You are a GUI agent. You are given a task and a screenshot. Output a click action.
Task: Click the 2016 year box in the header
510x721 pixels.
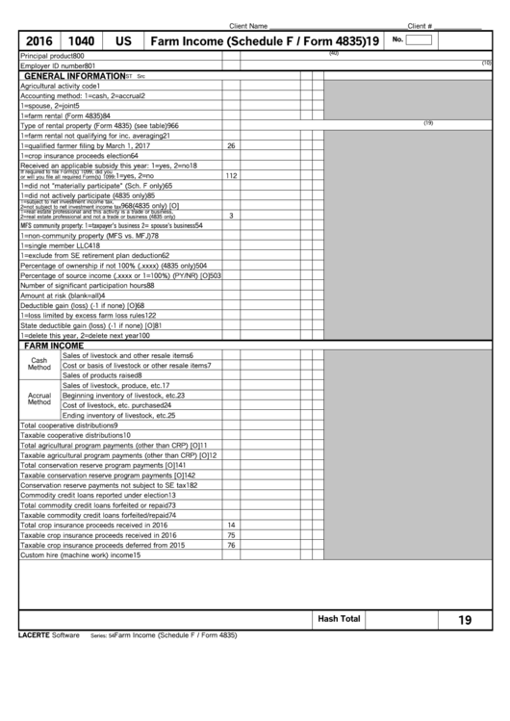39,41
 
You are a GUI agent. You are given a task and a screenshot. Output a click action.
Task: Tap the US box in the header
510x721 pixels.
123,41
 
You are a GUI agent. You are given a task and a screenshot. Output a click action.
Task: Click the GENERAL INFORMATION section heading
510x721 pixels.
74,75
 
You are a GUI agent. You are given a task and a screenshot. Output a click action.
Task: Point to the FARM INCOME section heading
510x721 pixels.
54,345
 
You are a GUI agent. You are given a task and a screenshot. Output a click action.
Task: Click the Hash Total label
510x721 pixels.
339,619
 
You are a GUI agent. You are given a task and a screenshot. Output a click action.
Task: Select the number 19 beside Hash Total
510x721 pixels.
465,620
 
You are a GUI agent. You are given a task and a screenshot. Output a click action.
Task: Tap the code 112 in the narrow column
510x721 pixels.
231,176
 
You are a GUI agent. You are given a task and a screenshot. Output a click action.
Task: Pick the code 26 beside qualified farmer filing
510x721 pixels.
231,145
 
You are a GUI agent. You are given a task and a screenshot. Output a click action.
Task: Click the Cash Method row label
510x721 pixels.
39,364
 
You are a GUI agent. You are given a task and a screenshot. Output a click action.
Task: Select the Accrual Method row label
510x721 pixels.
39,399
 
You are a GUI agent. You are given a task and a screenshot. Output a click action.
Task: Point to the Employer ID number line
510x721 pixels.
58,64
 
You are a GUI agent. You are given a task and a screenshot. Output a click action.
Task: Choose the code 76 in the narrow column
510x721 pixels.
231,545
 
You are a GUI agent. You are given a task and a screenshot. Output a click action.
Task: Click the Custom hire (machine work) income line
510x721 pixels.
80,555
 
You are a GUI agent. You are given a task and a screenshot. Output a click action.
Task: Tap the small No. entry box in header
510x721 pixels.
419,40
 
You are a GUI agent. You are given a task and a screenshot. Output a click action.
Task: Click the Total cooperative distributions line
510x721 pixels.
69,425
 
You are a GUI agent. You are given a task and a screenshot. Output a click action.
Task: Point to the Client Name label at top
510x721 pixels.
248,26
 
